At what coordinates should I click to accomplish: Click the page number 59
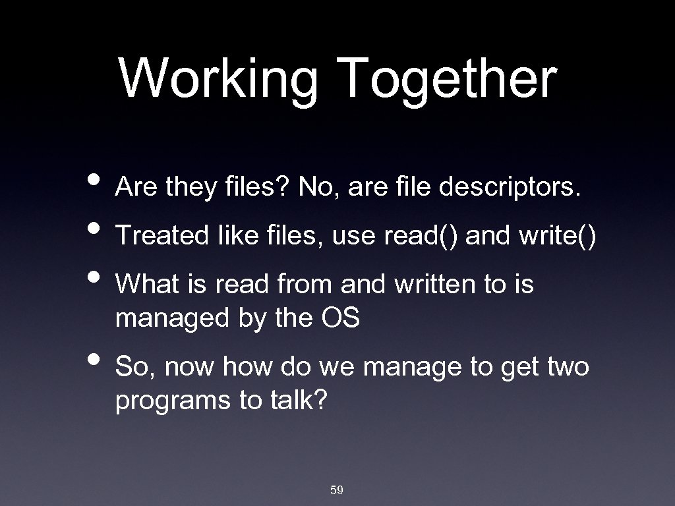click(337, 490)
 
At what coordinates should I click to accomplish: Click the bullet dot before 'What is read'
click(95, 277)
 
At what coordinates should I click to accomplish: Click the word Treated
click(161, 236)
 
